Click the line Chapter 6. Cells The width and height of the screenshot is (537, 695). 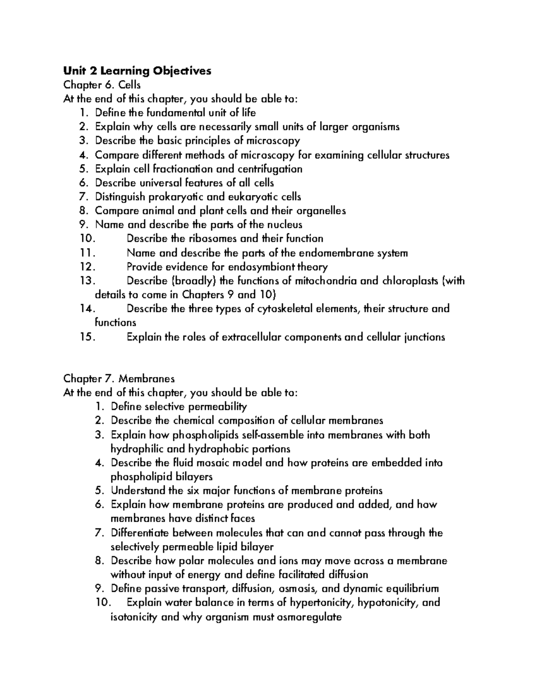102,85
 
